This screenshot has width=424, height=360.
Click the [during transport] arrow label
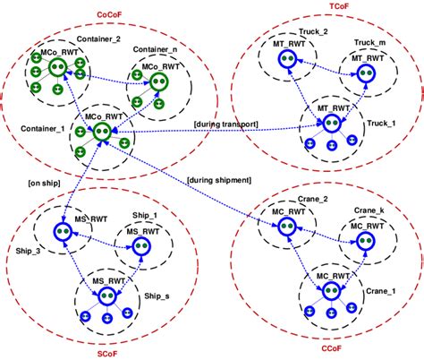pyautogui.click(x=225, y=123)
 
